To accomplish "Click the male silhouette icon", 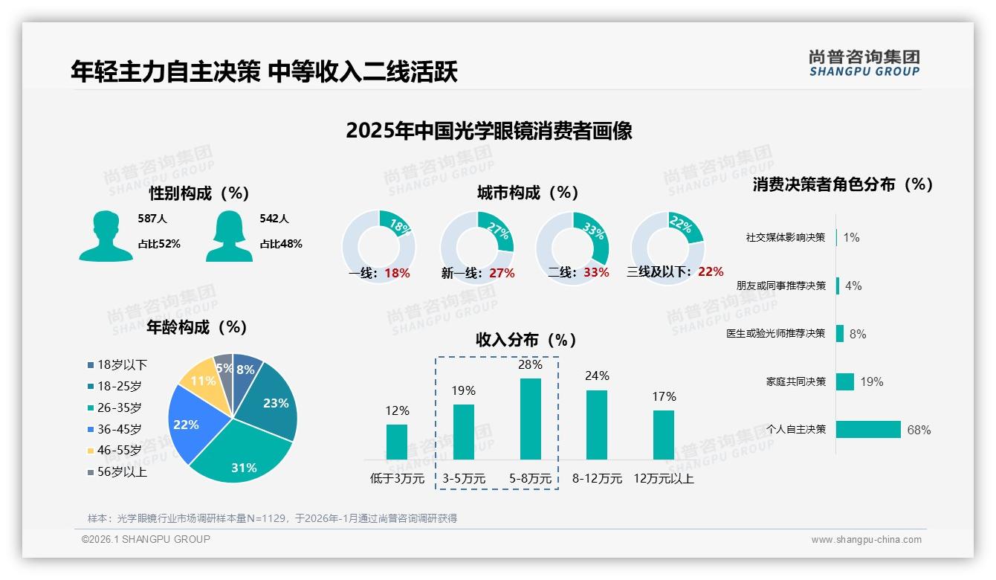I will point(106,236).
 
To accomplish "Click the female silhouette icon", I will point(228,236).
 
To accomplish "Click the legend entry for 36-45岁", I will point(119,429).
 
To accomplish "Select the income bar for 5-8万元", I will point(530,419).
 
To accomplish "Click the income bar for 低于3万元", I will point(397,442).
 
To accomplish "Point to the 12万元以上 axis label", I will point(663,479).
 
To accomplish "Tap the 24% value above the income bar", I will point(596,376).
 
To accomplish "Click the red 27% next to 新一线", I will point(502,273).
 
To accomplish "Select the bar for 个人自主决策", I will point(868,429).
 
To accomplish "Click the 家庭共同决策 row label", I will point(795,381).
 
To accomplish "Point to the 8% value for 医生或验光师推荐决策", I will point(858,334).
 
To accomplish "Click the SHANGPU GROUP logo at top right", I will point(864,63).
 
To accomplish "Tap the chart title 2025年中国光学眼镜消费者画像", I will point(488,131).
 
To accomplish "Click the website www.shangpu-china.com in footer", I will point(866,540).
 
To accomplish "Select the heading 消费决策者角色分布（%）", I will point(842,184).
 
